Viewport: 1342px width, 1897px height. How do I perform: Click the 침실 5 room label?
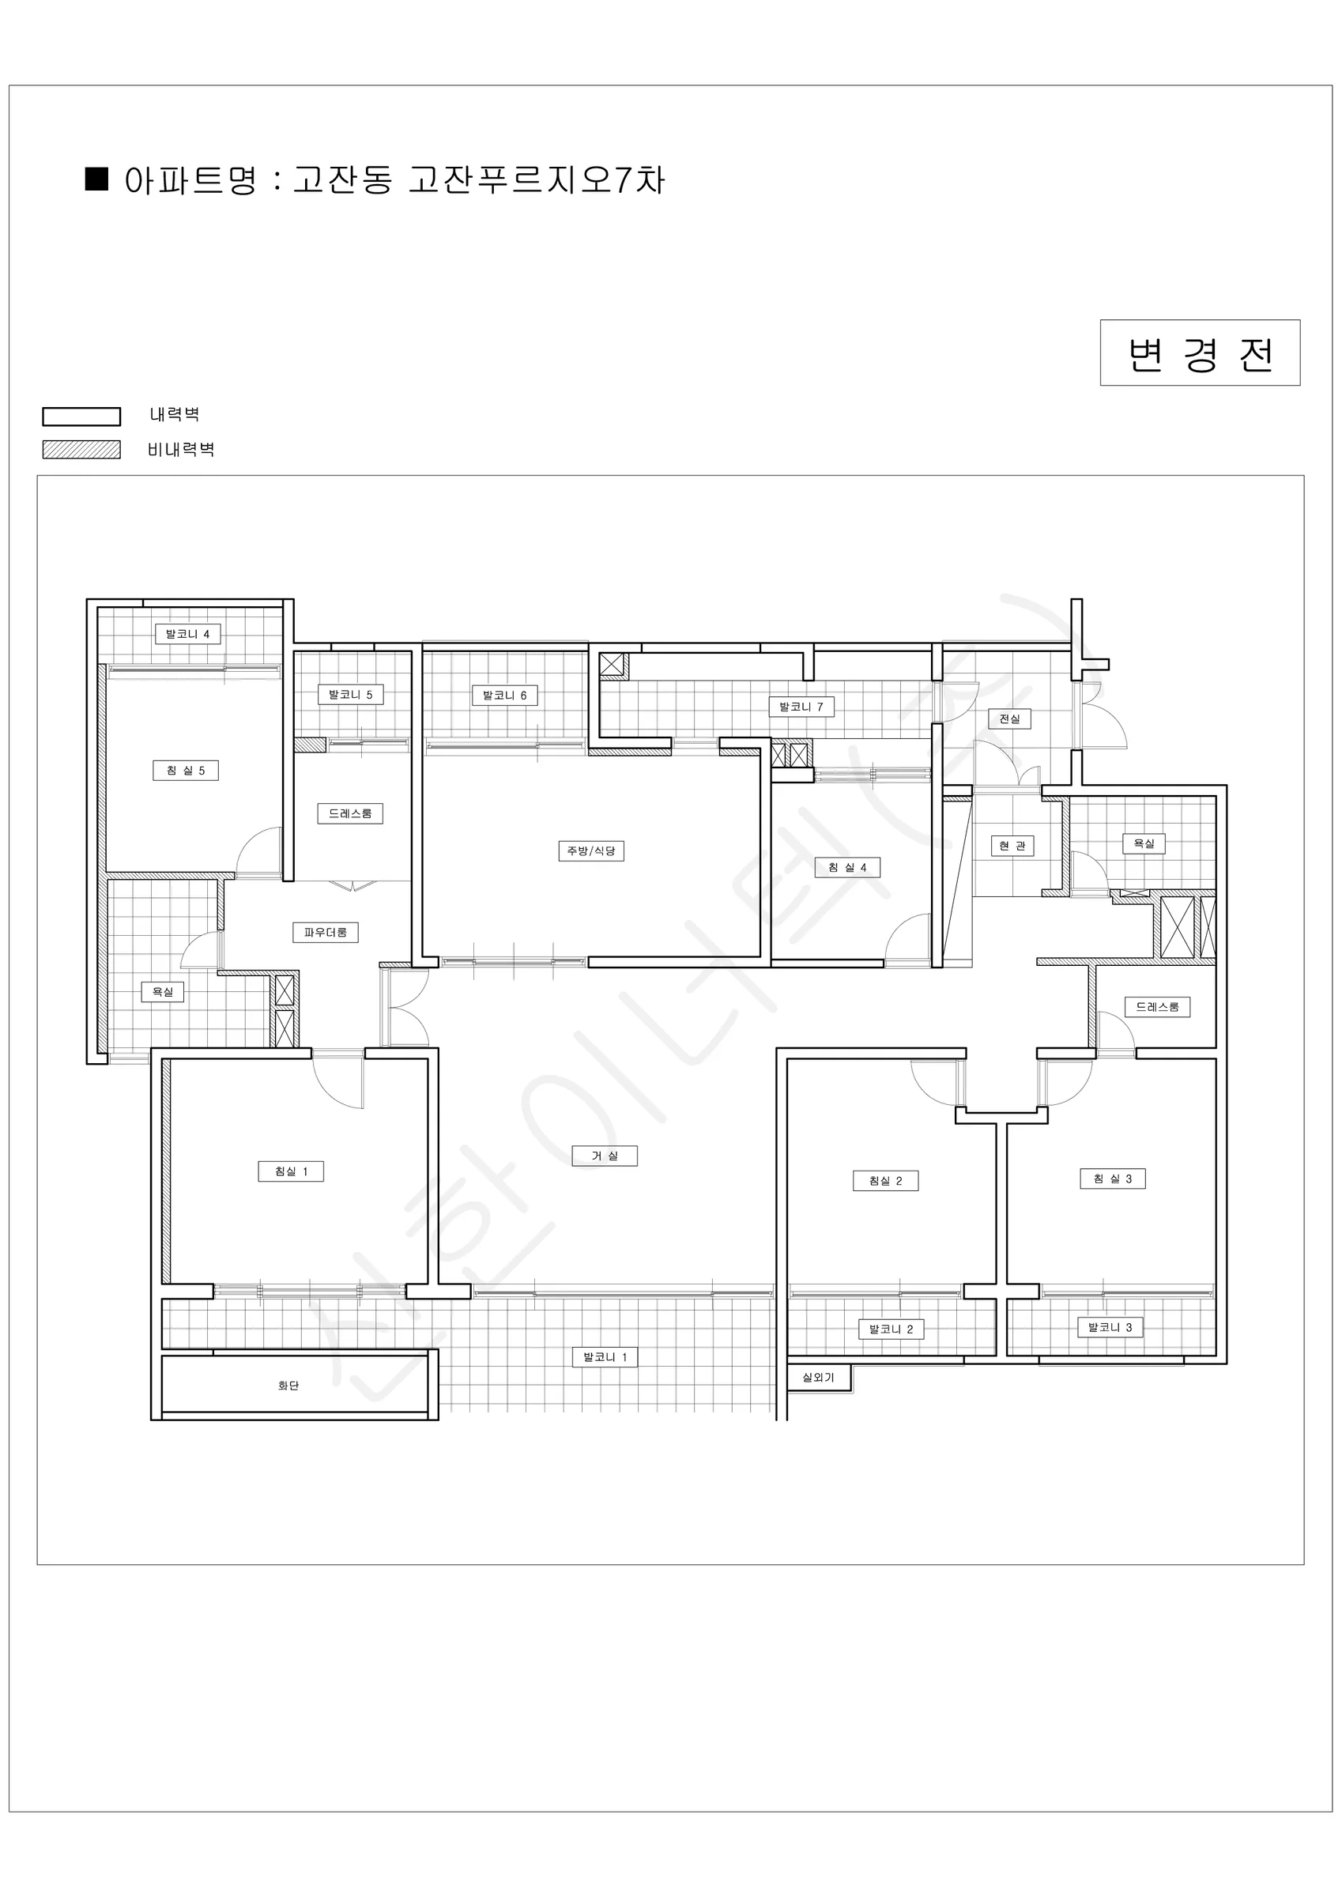(186, 771)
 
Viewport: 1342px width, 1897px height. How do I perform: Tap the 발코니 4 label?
(187, 635)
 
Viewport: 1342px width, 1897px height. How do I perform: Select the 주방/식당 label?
(592, 851)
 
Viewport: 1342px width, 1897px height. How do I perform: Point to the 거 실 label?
(605, 1156)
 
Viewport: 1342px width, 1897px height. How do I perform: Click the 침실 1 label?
(291, 1171)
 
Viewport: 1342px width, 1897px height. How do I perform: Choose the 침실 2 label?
(886, 1181)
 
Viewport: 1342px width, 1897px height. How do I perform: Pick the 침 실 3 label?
(1113, 1179)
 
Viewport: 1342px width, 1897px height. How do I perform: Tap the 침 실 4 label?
(848, 868)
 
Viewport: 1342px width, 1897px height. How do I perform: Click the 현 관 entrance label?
(1012, 846)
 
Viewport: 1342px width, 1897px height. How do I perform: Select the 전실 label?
(1010, 718)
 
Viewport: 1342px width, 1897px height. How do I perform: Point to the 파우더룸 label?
(326, 933)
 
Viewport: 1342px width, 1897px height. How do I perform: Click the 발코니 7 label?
(801, 707)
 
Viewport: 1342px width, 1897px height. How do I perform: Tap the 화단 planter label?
(288, 1386)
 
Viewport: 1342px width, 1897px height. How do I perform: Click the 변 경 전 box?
(1200, 353)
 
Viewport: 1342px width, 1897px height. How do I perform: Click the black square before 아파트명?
(96, 179)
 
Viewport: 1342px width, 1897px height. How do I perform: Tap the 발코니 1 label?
(605, 1356)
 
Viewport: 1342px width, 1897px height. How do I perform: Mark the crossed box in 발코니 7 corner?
(613, 664)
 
